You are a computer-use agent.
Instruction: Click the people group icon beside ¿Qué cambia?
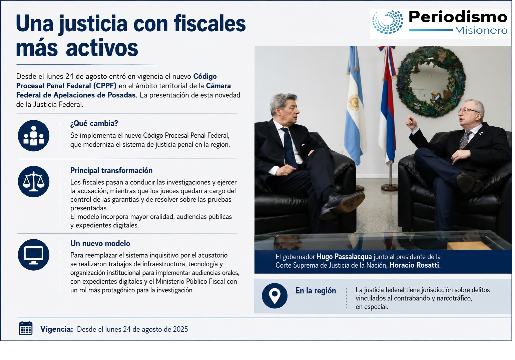coord(34,136)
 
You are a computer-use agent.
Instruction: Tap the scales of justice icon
coord(34,182)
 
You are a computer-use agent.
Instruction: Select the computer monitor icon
coord(34,255)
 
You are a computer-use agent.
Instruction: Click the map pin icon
coord(275,296)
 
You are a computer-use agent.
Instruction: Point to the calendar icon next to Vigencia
coord(26,328)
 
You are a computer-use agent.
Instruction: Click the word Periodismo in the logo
coord(458,17)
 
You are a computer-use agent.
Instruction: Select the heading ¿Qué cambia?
coord(94,124)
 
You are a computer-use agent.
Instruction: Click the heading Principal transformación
coord(111,170)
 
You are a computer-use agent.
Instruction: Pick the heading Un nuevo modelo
coord(100,243)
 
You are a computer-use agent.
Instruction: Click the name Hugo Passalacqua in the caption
coord(344,257)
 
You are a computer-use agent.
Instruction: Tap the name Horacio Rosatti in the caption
coord(415,265)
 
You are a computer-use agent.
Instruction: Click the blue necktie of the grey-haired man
coord(289,147)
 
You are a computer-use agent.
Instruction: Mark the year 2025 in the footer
coord(180,329)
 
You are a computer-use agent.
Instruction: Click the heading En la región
coord(316,291)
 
